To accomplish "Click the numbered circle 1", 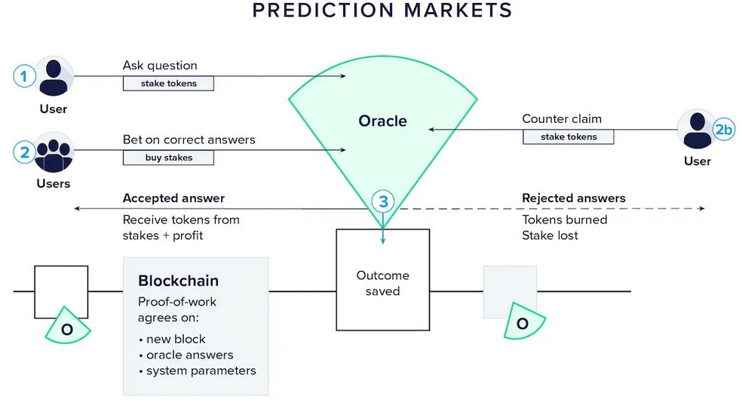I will click(25, 76).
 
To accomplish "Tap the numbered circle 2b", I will click(723, 130).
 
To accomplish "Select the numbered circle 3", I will click(383, 201).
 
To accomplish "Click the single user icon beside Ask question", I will click(54, 76).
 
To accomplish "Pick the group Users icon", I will click(54, 152).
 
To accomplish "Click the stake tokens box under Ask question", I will click(168, 84).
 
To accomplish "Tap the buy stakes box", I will click(168, 158).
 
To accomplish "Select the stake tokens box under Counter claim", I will click(568, 137).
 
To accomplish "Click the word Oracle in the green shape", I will click(382, 121).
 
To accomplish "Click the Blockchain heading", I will click(178, 281).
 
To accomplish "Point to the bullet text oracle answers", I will click(189, 355).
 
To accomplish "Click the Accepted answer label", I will click(173, 198).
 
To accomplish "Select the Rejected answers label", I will click(573, 198).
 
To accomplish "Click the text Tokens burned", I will click(564, 220).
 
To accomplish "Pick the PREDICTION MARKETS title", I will click(382, 11).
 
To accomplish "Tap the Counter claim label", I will click(562, 119).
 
